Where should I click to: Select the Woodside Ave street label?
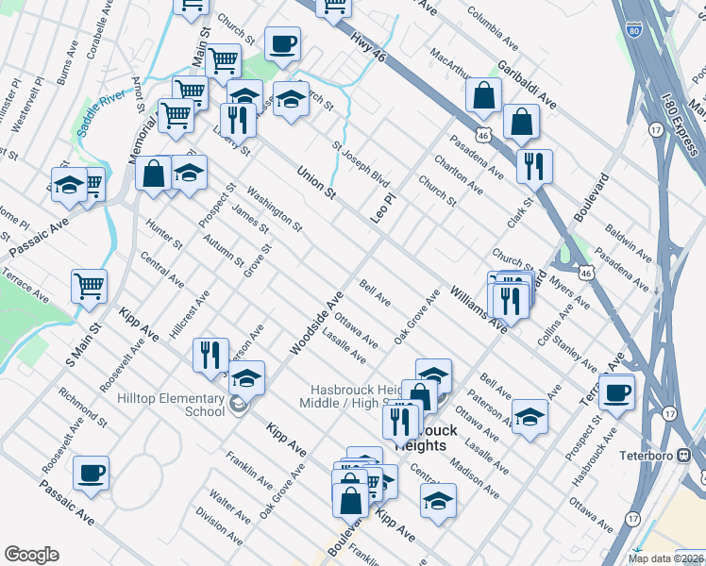coord(316,323)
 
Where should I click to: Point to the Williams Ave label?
coord(479,308)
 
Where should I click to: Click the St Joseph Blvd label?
coord(360,164)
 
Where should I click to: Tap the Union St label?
coord(316,183)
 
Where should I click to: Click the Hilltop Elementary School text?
coord(171,405)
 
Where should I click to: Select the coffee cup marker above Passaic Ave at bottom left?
coord(91,474)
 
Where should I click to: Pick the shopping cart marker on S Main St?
coord(89,284)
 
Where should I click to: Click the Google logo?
coord(31,555)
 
